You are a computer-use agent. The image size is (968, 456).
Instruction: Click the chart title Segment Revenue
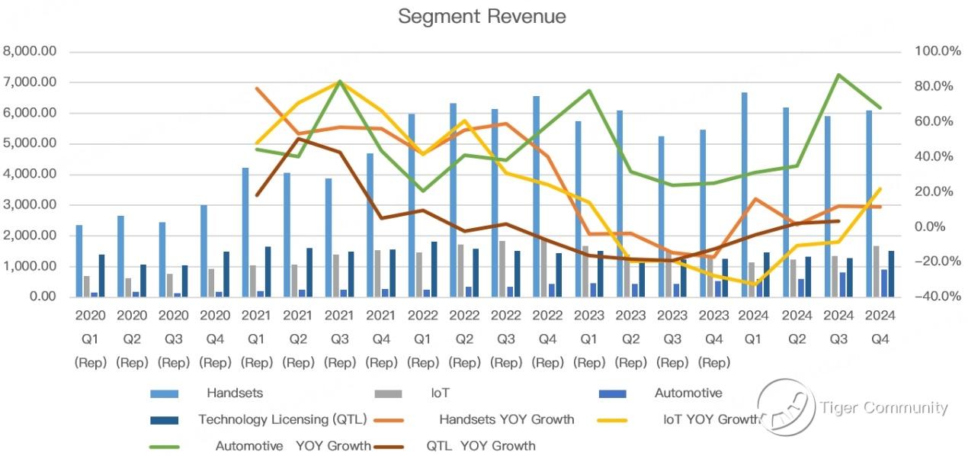(482, 17)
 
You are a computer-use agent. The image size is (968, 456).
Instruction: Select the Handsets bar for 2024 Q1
(744, 194)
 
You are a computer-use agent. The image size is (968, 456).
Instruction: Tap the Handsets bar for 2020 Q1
(79, 261)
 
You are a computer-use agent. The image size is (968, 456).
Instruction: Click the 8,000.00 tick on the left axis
(30, 51)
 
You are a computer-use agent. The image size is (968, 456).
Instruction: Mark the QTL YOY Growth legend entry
(480, 445)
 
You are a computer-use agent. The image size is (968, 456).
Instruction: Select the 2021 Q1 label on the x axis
(257, 326)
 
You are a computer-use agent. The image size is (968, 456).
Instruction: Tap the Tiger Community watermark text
(884, 408)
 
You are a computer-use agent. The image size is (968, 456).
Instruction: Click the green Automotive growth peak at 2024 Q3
(839, 75)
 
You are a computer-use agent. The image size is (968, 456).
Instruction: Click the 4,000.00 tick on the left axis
(30, 174)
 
